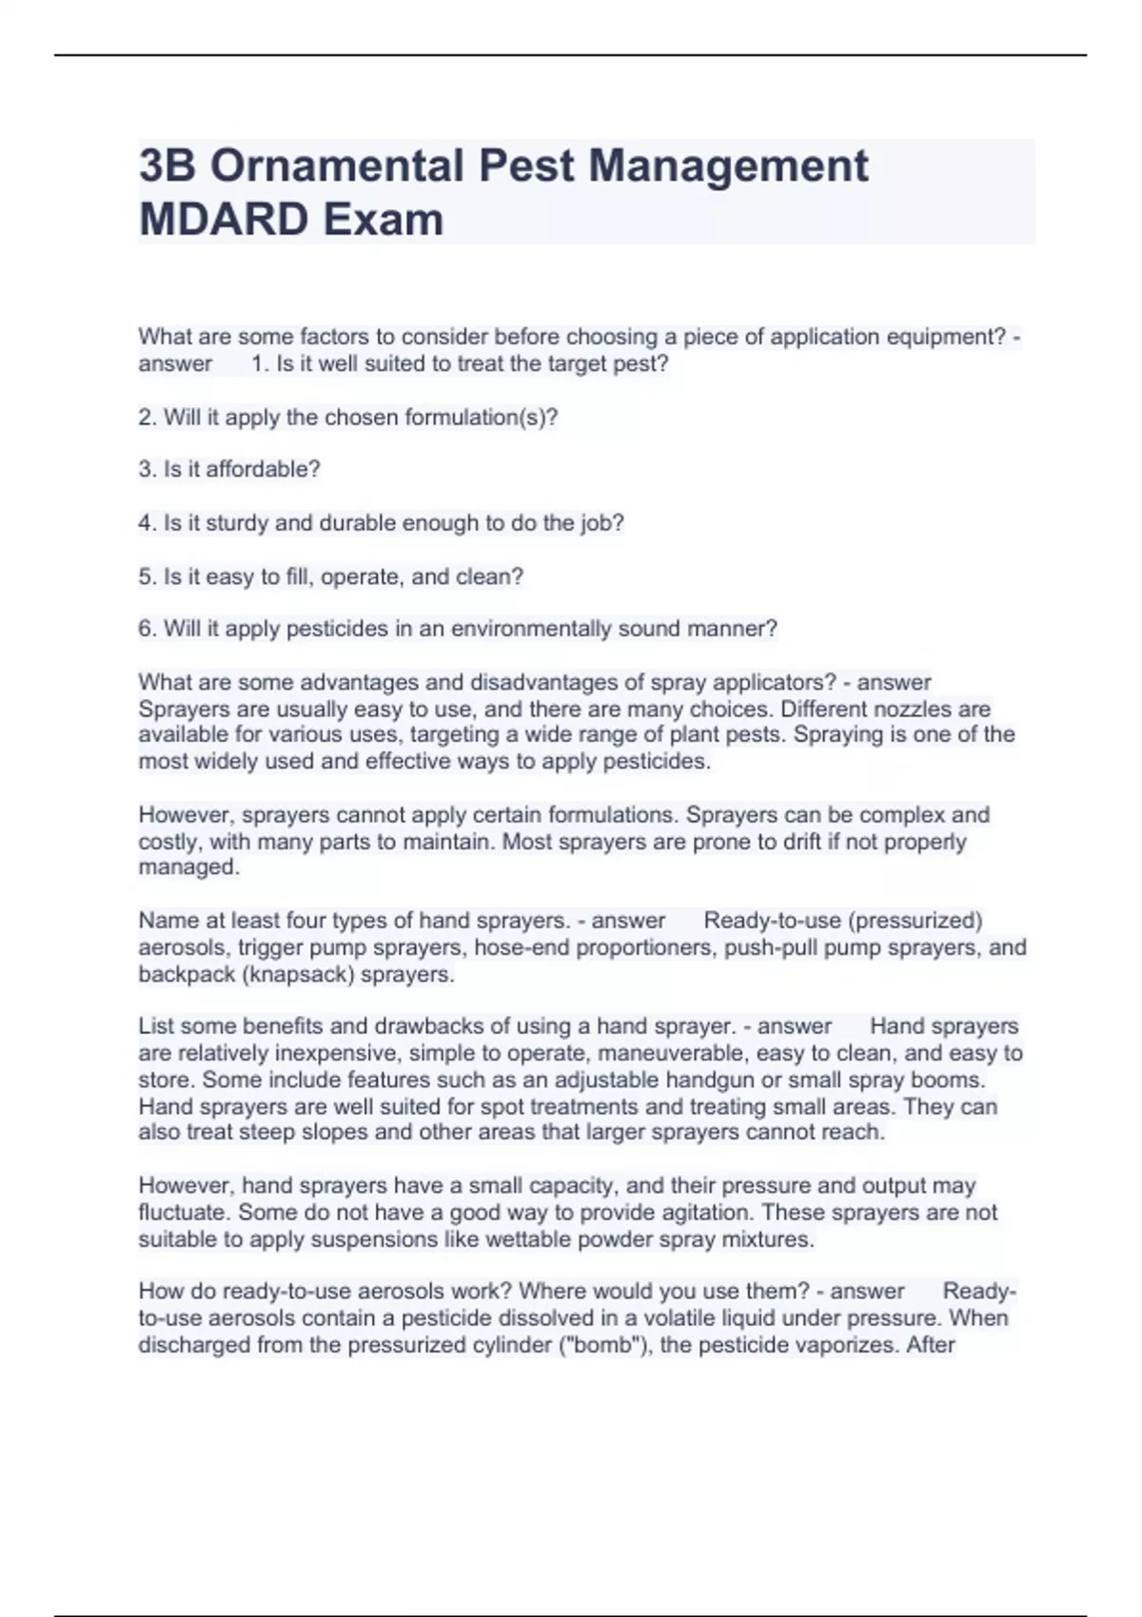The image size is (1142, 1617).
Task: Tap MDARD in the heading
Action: pyautogui.click(x=224, y=220)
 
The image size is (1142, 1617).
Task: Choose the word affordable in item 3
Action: pyautogui.click(x=263, y=470)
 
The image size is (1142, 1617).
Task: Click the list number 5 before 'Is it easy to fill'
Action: pyautogui.click(x=145, y=576)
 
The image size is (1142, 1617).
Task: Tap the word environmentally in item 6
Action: pyautogui.click(x=531, y=629)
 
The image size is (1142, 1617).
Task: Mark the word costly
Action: pyautogui.click(x=167, y=842)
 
